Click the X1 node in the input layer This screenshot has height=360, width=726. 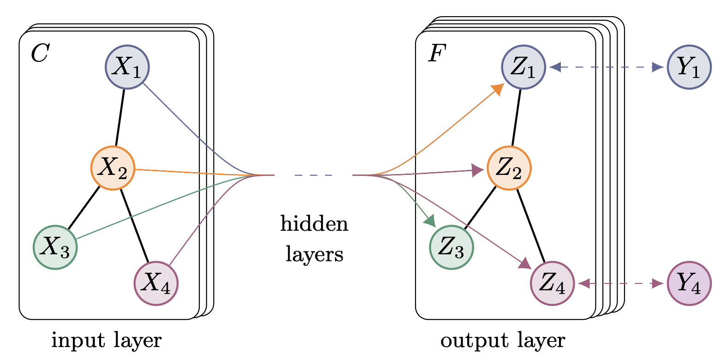point(127,67)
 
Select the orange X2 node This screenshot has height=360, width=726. point(113,168)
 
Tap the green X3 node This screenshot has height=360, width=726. point(55,247)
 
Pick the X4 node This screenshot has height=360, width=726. point(156,283)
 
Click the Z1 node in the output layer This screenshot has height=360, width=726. point(524,67)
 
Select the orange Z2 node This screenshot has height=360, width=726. point(509,168)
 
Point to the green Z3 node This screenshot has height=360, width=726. point(451,247)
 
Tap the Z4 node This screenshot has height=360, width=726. point(552,283)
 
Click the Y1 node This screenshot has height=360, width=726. point(689,67)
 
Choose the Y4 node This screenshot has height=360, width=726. point(689,283)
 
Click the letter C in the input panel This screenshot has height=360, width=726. point(40,54)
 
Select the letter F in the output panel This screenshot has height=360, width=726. point(437,54)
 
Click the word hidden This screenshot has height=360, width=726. point(314,224)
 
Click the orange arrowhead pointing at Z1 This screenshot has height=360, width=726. point(498,89)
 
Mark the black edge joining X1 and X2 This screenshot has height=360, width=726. point(120,117)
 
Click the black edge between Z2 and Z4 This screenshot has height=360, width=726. point(531,226)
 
